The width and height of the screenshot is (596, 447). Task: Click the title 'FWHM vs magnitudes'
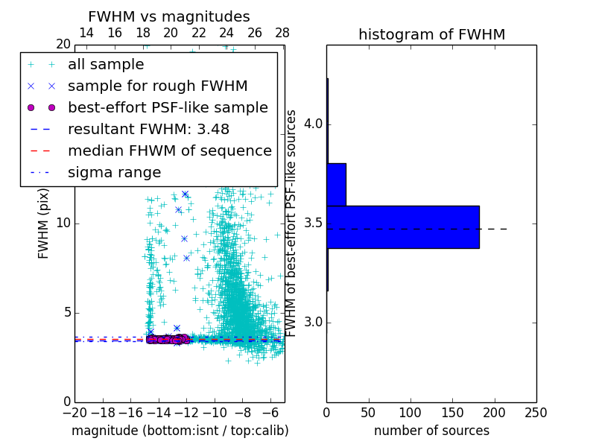169,17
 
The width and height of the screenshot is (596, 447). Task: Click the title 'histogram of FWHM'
431,34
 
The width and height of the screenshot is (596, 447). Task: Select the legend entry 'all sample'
106,65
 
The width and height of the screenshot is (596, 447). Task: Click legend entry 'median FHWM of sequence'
169,151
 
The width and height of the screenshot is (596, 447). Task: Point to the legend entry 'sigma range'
114,173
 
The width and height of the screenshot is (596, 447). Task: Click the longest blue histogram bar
402,226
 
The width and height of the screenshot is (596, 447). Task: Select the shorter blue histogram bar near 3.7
336,184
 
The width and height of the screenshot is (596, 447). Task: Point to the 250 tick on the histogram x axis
536,413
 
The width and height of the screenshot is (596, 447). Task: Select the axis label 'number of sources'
431,431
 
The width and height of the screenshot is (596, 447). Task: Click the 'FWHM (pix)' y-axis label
44,223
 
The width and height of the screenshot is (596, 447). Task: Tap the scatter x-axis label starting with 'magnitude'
180,431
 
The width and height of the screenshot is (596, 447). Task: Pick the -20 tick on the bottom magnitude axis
74,413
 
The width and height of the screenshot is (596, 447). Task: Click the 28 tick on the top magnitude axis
282,33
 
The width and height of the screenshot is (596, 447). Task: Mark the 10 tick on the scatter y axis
63,223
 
